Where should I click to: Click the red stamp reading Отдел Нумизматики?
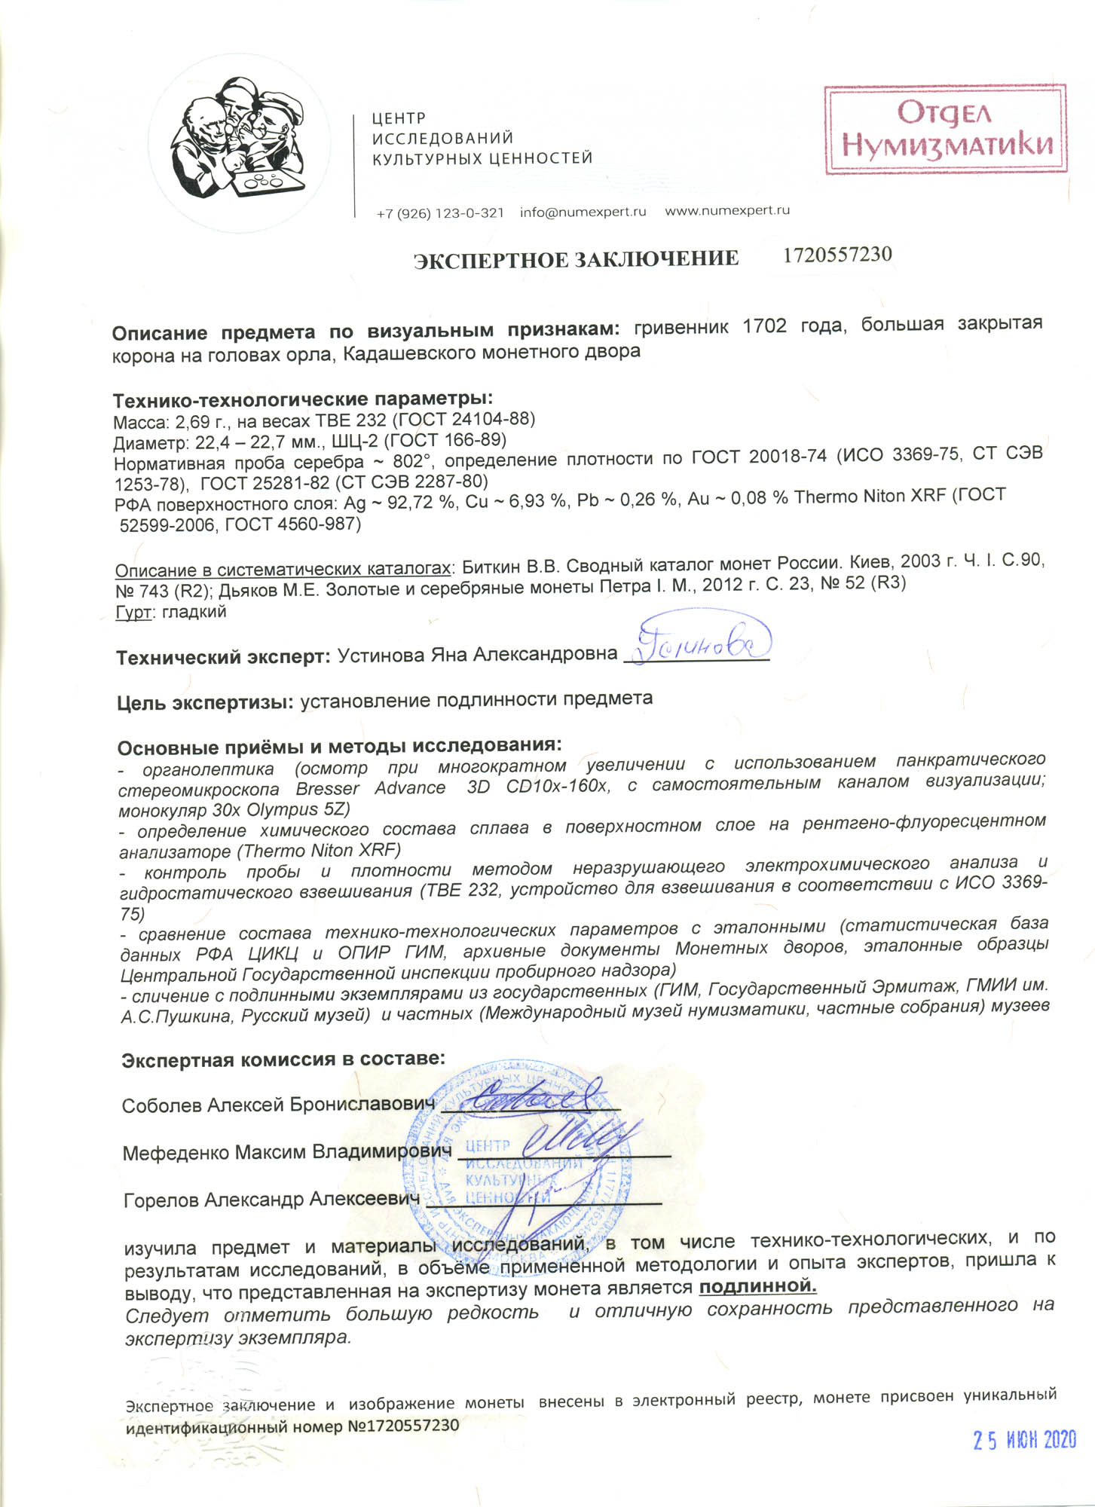[x=945, y=129]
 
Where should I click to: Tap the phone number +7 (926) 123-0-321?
[x=440, y=213]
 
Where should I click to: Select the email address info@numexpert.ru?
[x=583, y=212]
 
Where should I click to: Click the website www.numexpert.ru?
[x=726, y=211]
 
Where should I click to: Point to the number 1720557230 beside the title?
[x=837, y=255]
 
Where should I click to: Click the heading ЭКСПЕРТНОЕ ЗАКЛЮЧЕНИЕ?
[x=577, y=259]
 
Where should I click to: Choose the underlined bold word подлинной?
[x=757, y=1285]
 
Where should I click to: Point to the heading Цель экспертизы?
[x=204, y=702]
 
